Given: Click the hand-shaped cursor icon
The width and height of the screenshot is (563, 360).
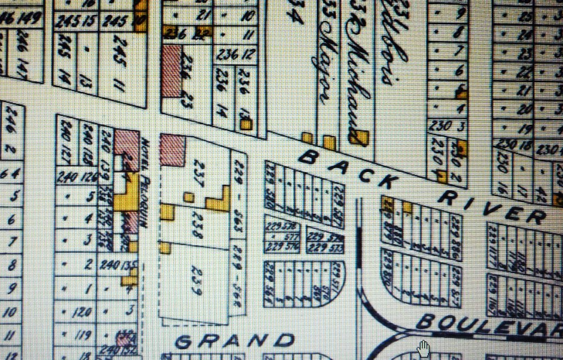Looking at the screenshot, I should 423,348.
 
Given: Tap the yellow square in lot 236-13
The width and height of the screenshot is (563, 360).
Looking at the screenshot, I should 246,124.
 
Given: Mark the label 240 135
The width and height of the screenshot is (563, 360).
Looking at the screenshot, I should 117,264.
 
